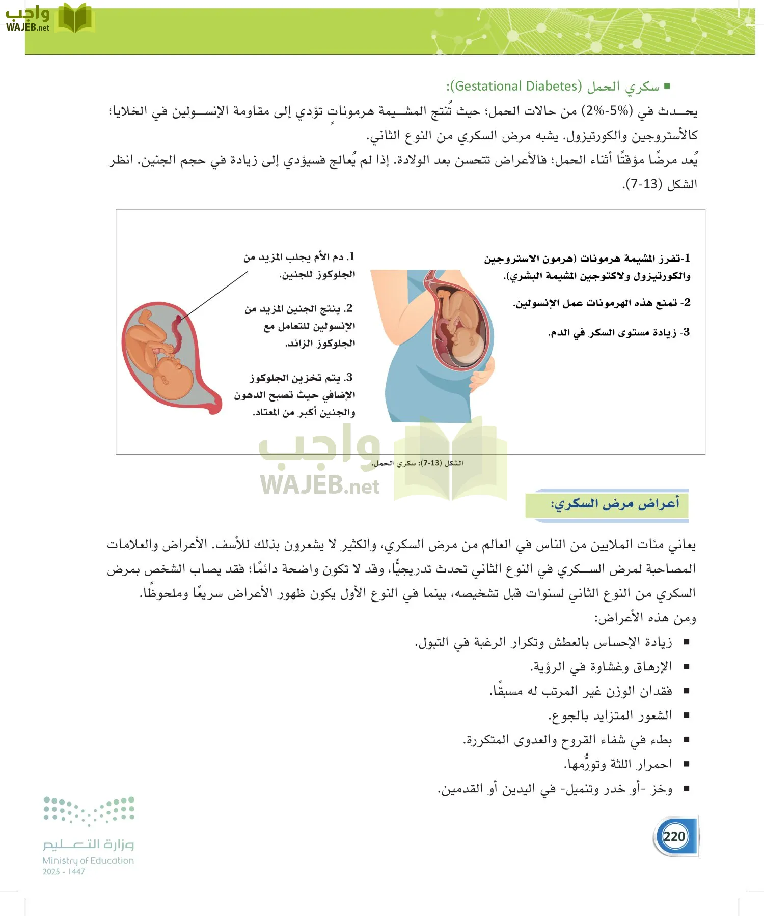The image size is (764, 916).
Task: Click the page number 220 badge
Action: coord(674,836)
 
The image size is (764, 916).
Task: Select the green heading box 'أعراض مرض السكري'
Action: coord(607,504)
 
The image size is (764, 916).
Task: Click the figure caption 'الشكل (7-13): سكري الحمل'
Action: coord(417,463)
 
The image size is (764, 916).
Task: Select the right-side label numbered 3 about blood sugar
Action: coord(618,333)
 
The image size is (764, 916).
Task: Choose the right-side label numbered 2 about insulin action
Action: coord(601,303)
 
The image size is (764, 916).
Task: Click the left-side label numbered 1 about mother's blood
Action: coord(299,265)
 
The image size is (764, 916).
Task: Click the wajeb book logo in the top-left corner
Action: coord(75,18)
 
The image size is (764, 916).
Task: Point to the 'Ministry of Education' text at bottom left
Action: coord(88,861)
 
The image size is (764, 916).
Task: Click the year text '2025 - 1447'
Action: coord(64,872)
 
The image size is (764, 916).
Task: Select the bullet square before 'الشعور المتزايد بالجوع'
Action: coord(687,715)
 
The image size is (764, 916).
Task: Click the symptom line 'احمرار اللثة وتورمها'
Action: coord(618,764)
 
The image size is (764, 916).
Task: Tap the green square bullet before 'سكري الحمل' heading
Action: coord(667,87)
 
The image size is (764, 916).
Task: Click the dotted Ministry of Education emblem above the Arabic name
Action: coord(89,810)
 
